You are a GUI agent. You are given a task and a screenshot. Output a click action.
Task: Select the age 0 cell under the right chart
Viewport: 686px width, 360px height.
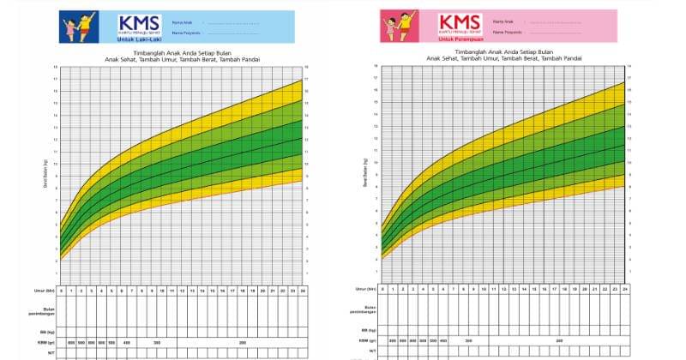coord(383,289)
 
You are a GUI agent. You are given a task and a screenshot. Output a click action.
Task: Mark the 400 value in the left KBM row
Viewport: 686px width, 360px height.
coord(126,341)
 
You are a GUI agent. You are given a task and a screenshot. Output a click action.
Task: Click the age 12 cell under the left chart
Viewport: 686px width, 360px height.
coord(182,290)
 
